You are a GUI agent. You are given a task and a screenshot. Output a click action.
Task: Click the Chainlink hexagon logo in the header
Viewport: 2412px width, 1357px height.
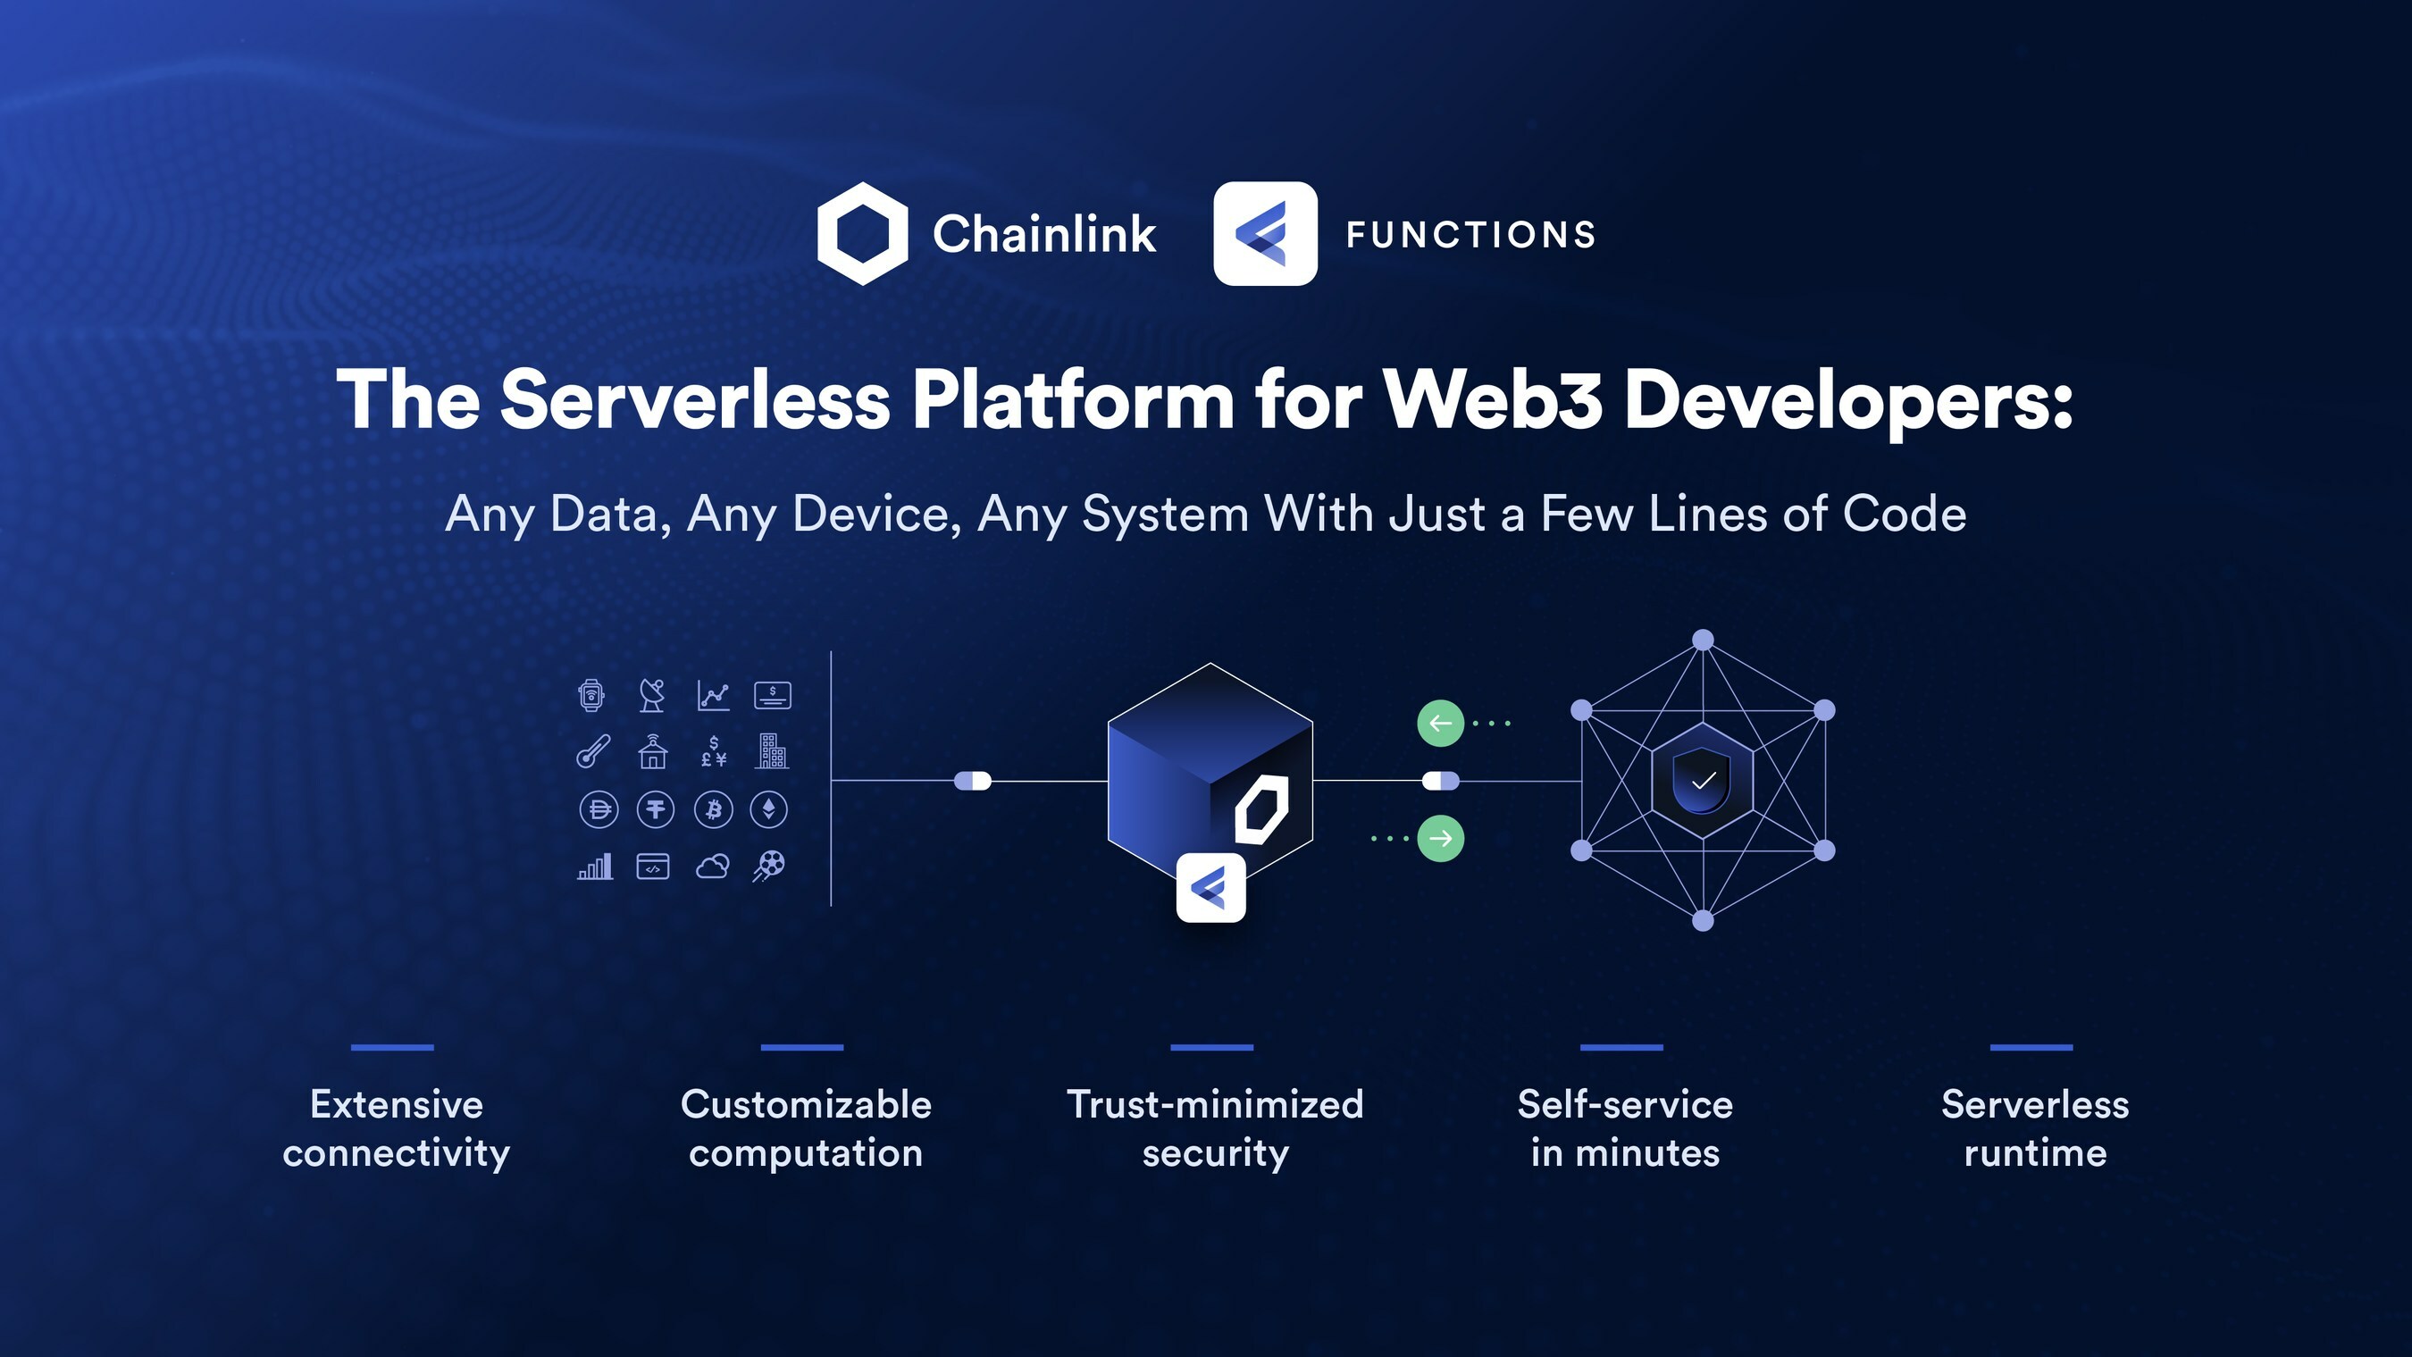[862, 233]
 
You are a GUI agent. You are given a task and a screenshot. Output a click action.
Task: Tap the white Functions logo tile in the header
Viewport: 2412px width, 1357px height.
[1265, 233]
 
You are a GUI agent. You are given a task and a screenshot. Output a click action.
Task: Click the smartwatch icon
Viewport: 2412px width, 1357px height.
[590, 695]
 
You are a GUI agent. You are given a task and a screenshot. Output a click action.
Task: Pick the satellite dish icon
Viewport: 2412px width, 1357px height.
[652, 695]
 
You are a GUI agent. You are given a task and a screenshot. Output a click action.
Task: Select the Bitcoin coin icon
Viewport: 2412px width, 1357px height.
[714, 809]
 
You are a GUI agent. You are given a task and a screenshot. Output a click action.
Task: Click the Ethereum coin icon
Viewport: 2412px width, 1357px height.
[769, 809]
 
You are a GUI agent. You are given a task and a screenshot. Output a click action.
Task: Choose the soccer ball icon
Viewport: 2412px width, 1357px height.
[769, 867]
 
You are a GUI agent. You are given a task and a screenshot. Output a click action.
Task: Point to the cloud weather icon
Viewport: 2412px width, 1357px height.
[713, 867]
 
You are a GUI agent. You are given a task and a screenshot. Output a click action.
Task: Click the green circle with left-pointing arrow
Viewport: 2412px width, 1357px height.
[1440, 723]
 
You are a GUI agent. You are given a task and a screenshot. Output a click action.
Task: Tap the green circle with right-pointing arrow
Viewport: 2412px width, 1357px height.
[1440, 838]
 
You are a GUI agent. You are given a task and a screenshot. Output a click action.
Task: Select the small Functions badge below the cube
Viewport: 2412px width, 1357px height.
[1210, 887]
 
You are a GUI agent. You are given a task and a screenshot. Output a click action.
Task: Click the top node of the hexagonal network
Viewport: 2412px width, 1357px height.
[1704, 640]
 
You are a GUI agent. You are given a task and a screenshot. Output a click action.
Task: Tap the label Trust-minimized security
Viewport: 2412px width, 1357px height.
[1214, 1128]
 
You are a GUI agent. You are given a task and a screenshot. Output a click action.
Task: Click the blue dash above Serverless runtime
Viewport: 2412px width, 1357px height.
[2031, 1047]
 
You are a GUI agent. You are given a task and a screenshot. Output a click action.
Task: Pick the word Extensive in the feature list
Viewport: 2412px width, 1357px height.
[396, 1105]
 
